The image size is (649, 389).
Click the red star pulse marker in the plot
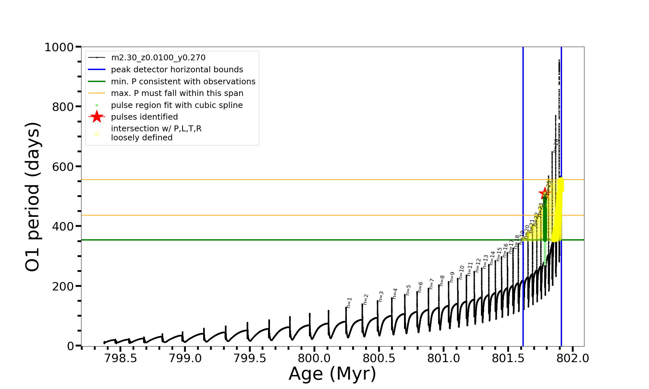545,194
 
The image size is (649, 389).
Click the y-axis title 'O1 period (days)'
32,197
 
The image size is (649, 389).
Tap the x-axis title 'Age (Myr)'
332,374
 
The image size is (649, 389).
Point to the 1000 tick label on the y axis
59,47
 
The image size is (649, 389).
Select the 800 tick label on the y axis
63,107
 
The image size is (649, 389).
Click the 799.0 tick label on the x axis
185,358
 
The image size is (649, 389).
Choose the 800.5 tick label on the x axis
379,358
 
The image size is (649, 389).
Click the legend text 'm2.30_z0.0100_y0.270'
158,58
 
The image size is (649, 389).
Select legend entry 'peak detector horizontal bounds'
177,70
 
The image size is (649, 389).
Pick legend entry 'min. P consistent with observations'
183,82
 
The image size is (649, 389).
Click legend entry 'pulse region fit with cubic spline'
177,105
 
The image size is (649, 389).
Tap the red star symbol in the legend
97,117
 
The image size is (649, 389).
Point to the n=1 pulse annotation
349,302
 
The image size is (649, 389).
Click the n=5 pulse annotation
408,290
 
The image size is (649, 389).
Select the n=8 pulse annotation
442,280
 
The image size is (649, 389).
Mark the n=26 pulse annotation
556,146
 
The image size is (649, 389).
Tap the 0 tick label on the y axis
70,346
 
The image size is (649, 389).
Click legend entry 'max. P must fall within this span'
177,93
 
